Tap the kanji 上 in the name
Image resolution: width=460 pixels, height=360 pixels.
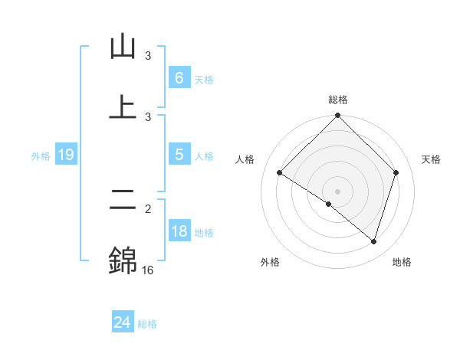[x=123, y=106]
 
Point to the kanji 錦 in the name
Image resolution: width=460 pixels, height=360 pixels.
[x=123, y=260]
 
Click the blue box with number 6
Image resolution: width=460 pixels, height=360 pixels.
[x=179, y=78]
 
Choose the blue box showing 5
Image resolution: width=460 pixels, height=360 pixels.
[x=179, y=155]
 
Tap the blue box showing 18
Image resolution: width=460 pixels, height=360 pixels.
[x=179, y=231]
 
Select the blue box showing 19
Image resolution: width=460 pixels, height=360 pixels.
[x=65, y=155]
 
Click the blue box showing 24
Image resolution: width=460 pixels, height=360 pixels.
[x=122, y=322]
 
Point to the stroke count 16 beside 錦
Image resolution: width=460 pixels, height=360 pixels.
[x=147, y=270]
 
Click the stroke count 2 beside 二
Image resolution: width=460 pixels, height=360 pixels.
[x=148, y=208]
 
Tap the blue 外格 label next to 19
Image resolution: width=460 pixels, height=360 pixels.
[x=41, y=155]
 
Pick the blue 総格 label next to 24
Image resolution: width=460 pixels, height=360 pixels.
[x=147, y=324]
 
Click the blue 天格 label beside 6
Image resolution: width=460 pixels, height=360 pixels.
[x=204, y=80]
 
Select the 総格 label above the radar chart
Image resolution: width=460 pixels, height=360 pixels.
[x=338, y=100]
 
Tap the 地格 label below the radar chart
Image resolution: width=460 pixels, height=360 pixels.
[x=402, y=262]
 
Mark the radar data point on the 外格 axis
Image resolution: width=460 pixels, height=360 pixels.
[x=329, y=204]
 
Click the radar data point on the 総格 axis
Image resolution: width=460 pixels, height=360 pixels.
[x=338, y=116]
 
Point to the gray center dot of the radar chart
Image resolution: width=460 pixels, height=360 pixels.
[x=338, y=191]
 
